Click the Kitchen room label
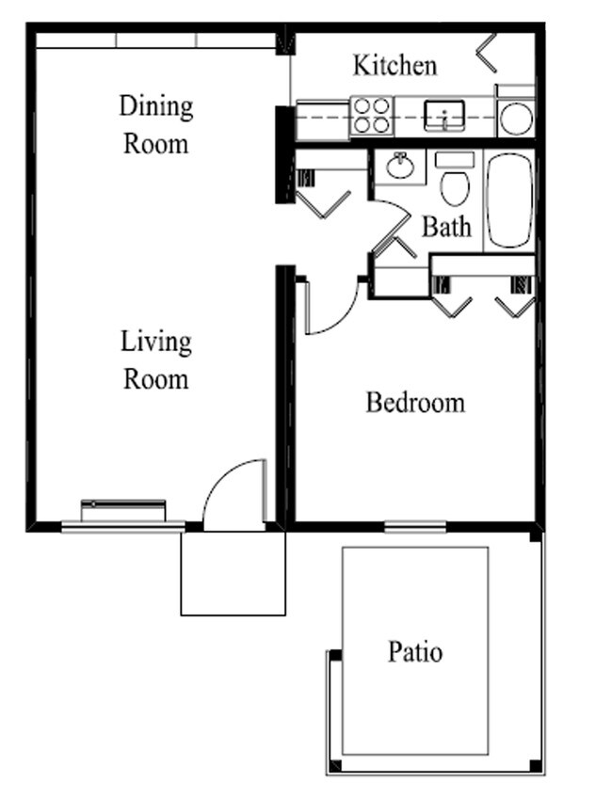395,66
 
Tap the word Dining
156,107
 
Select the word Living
156,342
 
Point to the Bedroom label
415,402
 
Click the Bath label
446,227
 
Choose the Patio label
415,652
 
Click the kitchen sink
444,116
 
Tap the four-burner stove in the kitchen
372,116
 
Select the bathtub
509,200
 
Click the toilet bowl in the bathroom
455,188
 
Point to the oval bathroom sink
400,166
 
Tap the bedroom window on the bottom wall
415,527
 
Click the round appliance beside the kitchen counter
516,119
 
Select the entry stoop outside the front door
234,574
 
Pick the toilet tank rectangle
455,159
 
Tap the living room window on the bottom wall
122,526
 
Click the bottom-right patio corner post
535,765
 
